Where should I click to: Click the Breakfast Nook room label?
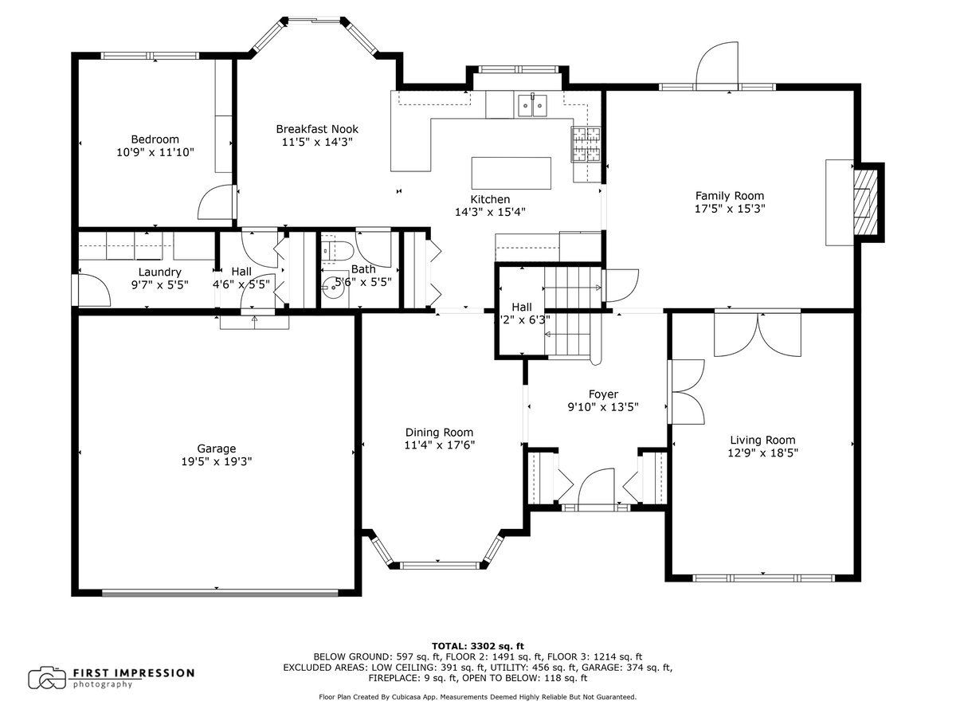coord(317,129)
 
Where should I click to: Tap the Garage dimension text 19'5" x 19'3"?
coord(217,461)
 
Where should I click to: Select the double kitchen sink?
coord(532,105)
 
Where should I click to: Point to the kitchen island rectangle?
coord(511,173)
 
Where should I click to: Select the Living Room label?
coord(762,440)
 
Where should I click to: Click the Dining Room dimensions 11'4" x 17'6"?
coord(439,445)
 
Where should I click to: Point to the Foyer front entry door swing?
coord(597,485)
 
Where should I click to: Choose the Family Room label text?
coord(730,196)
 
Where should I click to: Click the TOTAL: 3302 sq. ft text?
coord(478,646)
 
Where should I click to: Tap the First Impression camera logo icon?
coord(46,678)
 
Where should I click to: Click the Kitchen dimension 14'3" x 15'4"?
coord(490,212)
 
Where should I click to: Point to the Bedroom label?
coord(155,139)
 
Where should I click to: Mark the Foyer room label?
coord(603,394)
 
